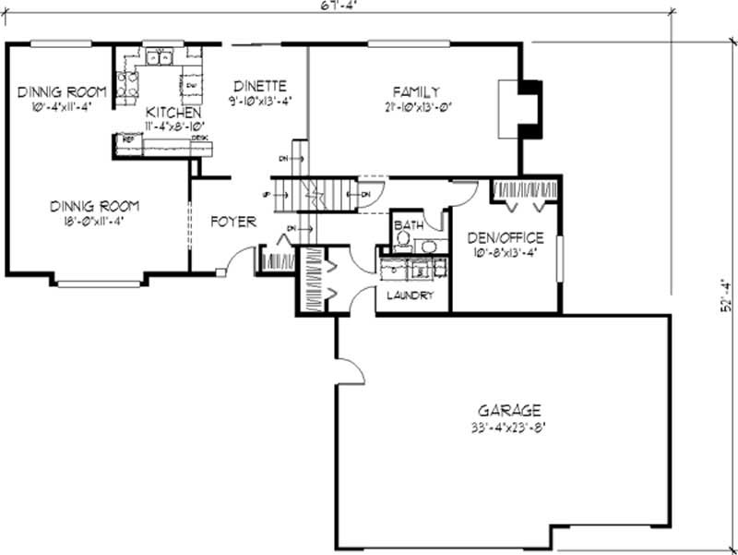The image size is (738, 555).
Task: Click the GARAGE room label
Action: click(508, 410)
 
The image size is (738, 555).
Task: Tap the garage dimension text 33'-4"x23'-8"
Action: click(508, 428)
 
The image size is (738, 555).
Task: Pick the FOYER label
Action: click(232, 222)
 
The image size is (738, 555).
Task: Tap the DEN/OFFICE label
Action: click(505, 237)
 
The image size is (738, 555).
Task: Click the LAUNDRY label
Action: click(411, 296)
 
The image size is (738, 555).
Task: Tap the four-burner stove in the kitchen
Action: click(127, 85)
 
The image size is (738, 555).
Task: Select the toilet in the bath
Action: click(401, 242)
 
